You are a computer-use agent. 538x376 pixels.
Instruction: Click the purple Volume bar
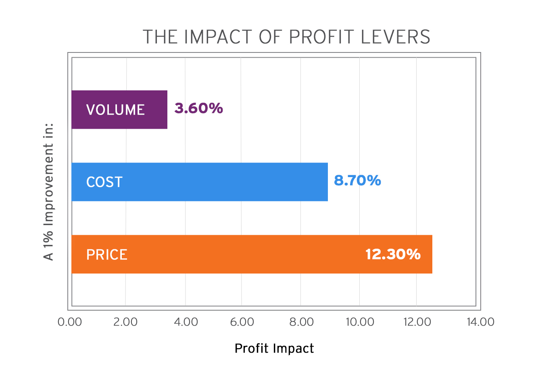(x=119, y=109)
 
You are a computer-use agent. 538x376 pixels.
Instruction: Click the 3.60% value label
(x=198, y=108)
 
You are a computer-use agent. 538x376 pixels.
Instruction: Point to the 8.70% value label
(x=357, y=180)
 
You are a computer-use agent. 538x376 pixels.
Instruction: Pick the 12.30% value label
(x=393, y=254)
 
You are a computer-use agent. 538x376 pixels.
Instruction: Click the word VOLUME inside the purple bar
(x=115, y=110)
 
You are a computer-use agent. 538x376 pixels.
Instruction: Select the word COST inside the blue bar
(x=104, y=182)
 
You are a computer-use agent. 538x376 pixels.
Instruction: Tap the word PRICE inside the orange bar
(x=107, y=255)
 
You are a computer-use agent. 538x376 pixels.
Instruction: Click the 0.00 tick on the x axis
(x=70, y=322)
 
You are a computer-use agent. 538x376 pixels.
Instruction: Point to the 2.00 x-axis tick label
(x=125, y=322)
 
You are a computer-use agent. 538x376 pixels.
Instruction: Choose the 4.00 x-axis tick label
(x=186, y=322)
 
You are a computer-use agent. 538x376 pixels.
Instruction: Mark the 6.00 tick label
(x=242, y=322)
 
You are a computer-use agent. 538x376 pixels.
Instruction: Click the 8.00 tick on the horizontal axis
(x=302, y=322)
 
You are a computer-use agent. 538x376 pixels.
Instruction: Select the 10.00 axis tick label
(x=360, y=322)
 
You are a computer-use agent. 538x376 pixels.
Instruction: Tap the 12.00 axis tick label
(x=417, y=322)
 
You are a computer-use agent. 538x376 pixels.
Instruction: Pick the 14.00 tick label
(x=480, y=322)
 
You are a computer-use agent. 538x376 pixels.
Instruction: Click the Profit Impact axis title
(x=274, y=349)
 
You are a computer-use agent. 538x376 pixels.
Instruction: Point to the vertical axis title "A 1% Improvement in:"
(x=48, y=192)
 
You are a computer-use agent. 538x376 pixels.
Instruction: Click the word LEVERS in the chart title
(x=396, y=37)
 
